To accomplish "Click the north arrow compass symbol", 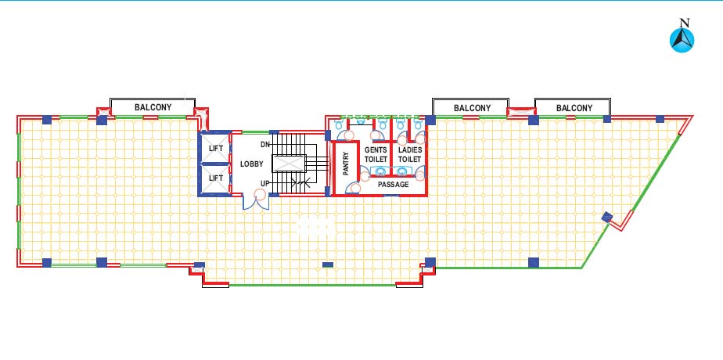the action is [682, 40].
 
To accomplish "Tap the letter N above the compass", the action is [685, 23].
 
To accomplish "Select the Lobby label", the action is [252, 164].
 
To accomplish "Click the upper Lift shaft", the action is [216, 148].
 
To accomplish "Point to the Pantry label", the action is [347, 164].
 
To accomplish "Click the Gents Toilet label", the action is [376, 154].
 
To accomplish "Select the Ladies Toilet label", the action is [410, 154].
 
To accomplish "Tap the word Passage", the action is [394, 185].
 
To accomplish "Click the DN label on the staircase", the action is [264, 145].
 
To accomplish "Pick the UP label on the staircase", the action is [264, 183].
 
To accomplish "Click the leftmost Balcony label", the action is [153, 107].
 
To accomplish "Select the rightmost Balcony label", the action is [574, 108].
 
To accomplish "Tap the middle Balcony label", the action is [472, 108].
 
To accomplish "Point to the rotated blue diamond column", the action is [607, 217].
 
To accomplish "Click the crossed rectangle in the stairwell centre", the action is [289, 164].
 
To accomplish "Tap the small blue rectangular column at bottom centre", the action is [328, 265].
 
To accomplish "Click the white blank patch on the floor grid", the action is [316, 227].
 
